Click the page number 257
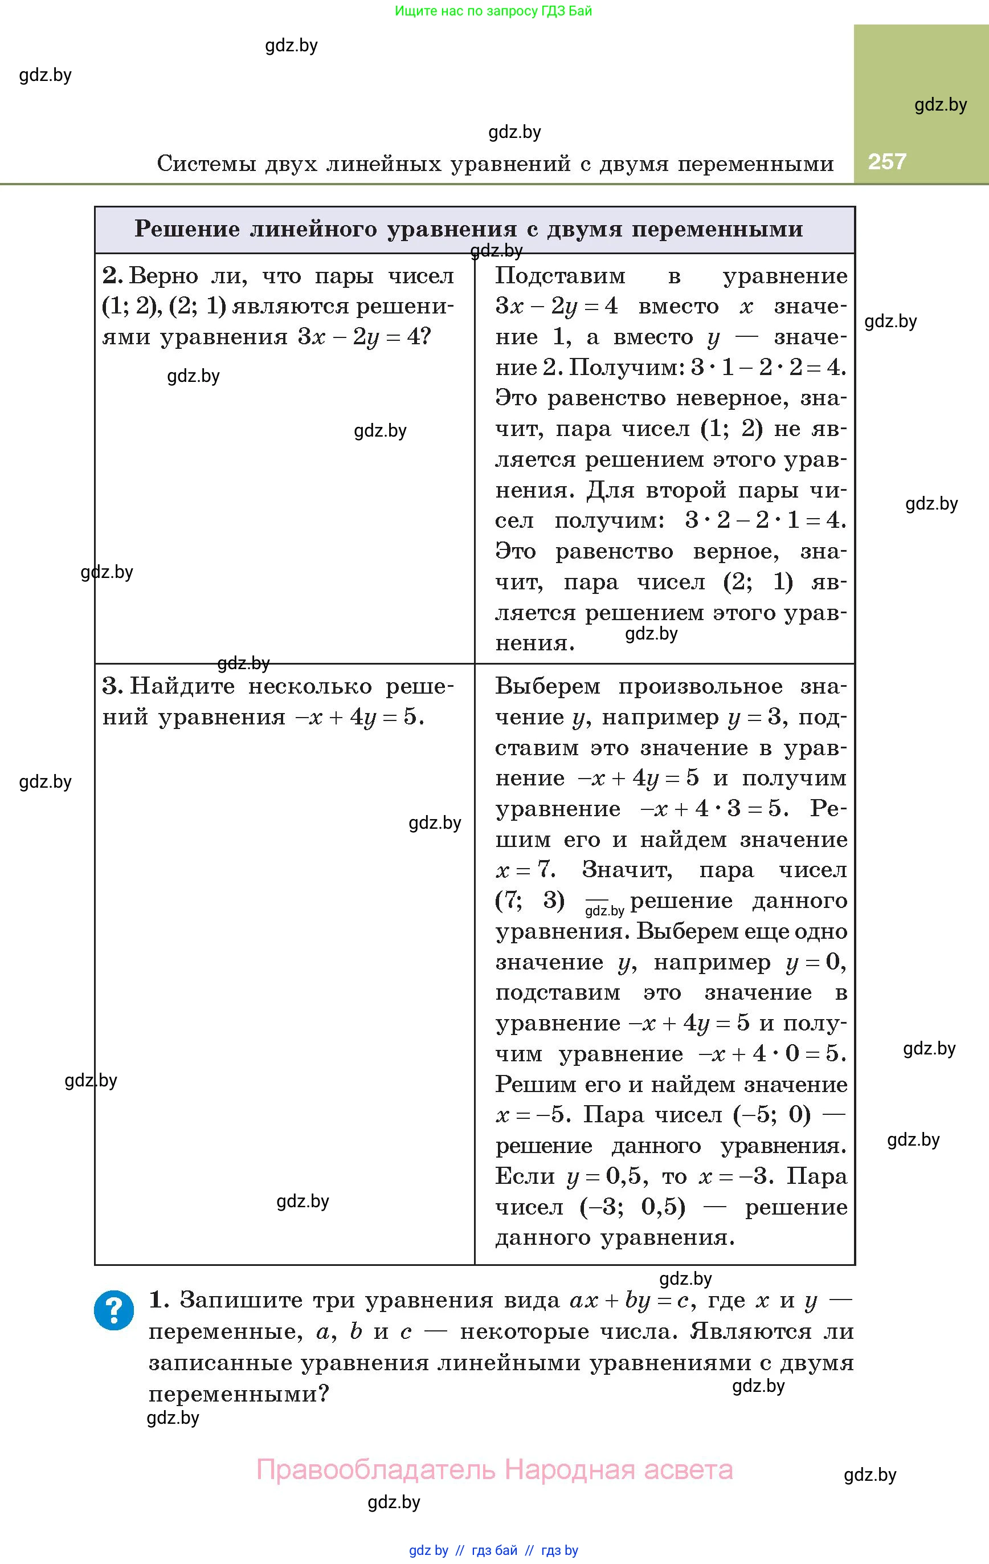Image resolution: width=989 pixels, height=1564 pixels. pyautogui.click(x=886, y=161)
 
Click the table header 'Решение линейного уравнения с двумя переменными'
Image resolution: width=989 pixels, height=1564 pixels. pyautogui.click(x=468, y=229)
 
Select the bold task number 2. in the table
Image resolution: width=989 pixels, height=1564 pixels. pyautogui.click(x=112, y=276)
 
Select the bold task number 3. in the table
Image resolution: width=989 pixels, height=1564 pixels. pyautogui.click(x=112, y=686)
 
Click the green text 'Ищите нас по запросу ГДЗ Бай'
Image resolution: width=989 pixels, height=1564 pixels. pyautogui.click(x=493, y=11)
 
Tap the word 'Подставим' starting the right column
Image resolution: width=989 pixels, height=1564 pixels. pyautogui.click(x=560, y=276)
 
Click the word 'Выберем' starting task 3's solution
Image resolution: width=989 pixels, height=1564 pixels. pyautogui.click(x=547, y=686)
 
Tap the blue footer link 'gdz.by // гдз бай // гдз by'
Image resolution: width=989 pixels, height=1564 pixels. pyautogui.click(x=493, y=1550)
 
